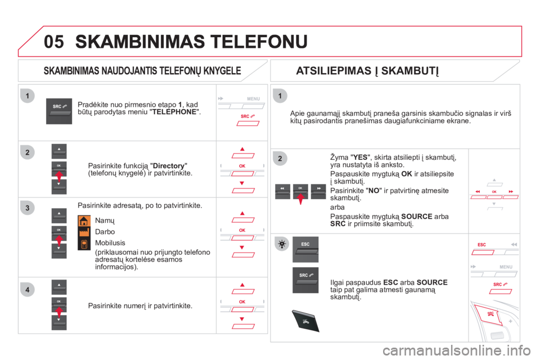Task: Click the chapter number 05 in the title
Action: coord(54,42)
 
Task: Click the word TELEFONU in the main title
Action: coord(259,42)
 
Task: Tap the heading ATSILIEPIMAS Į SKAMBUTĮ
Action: coord(367,71)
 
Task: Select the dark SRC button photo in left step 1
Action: coord(59,111)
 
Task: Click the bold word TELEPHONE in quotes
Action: coord(174,112)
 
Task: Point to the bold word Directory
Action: coord(168,166)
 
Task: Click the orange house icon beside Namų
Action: coord(84,221)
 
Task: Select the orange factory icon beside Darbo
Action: coord(84,232)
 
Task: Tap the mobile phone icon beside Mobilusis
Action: coord(84,244)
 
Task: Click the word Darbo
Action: coord(105,232)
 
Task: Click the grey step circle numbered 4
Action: coord(27,290)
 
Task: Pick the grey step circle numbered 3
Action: coord(27,208)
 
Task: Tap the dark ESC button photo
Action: coord(305,249)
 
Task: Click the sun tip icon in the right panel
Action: coord(282,244)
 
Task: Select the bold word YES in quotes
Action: coord(360,157)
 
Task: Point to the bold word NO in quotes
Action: coord(373,191)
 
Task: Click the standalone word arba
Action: coord(337,208)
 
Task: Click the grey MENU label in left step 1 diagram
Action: coord(254,99)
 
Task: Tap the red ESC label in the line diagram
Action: coord(482,245)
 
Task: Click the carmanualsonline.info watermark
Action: coord(457,350)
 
